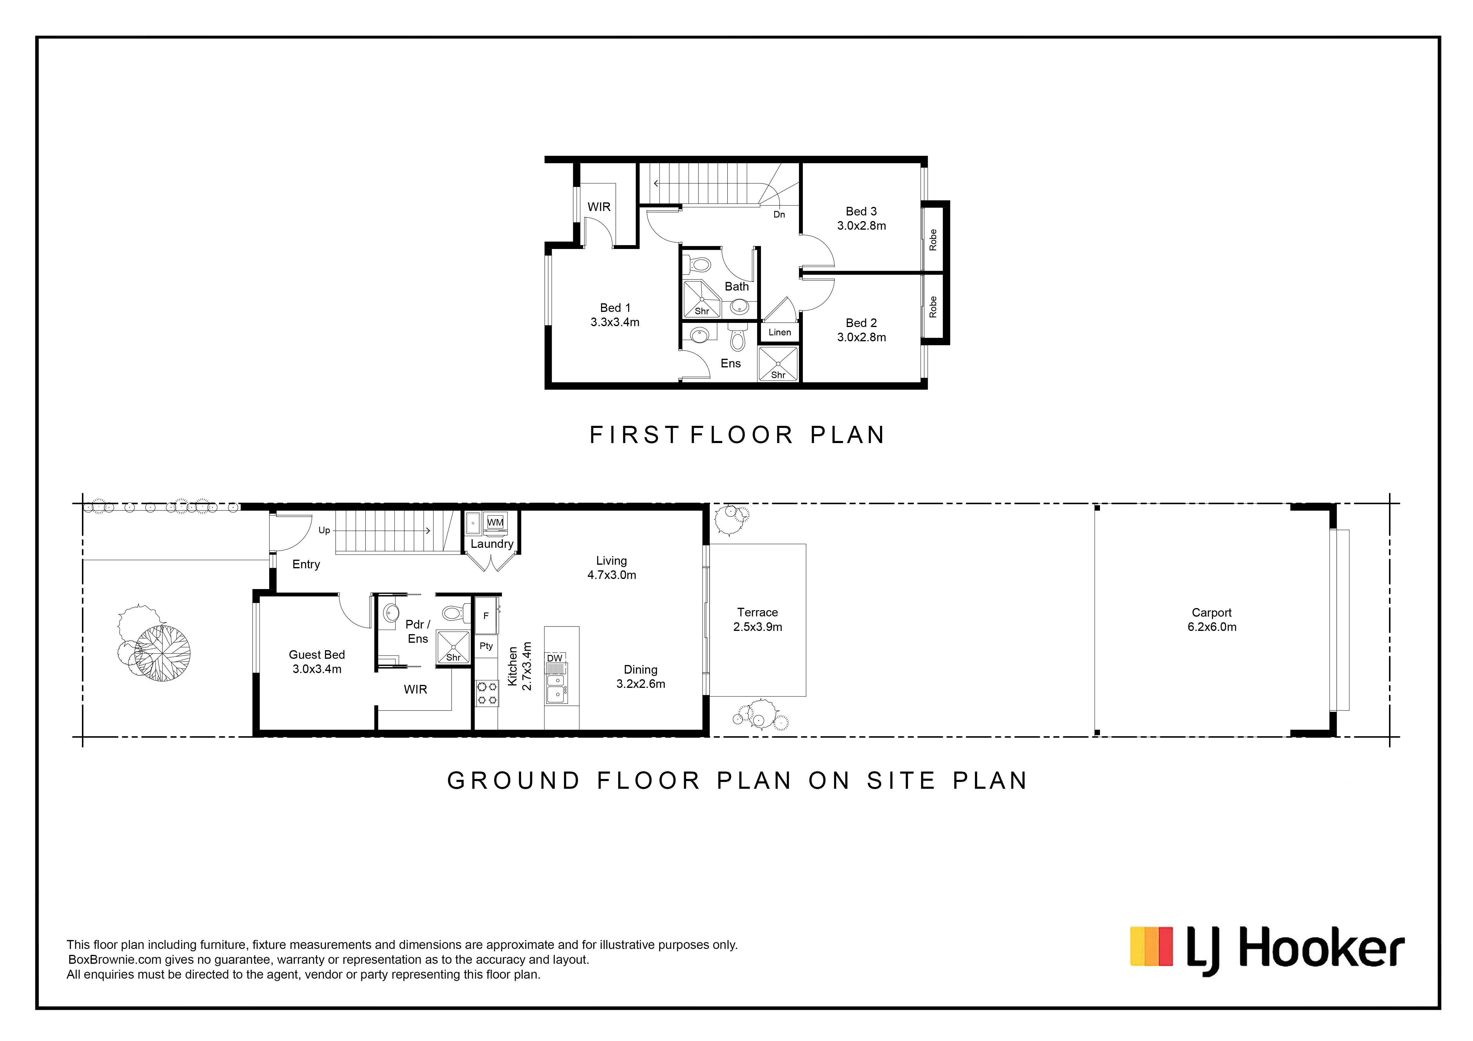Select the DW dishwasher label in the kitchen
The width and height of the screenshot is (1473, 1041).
[554, 658]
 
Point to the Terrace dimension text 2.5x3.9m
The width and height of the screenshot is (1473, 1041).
[758, 627]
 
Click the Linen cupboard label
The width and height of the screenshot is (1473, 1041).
[779, 332]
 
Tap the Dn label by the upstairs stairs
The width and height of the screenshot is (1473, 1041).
[779, 214]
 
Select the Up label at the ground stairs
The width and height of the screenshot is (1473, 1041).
[324, 531]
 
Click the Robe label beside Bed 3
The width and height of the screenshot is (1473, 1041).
[933, 240]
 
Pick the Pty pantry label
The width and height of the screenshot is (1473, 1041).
[486, 646]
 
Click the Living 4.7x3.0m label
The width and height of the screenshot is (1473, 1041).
[611, 568]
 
